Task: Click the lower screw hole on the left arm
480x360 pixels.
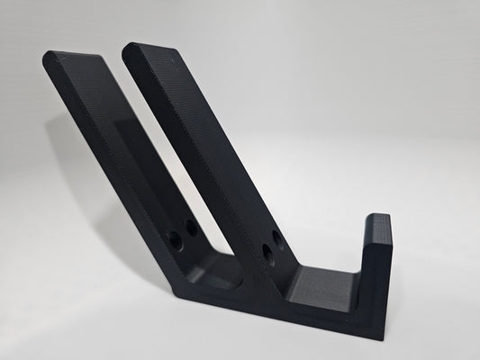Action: [x=174, y=241]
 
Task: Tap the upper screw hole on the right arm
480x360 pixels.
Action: [x=278, y=238]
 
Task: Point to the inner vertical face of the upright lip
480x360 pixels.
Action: [x=366, y=261]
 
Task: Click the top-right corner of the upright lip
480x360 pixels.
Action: [x=391, y=217]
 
